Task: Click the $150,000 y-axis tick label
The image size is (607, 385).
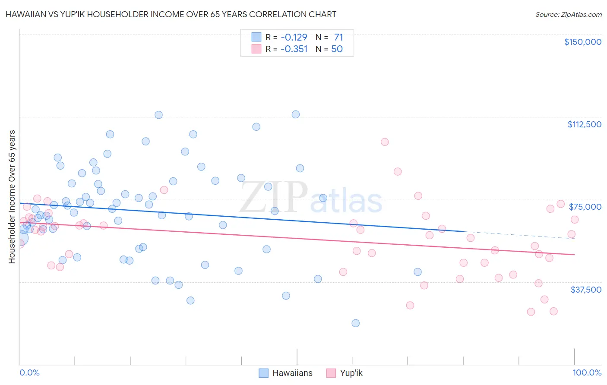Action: [x=582, y=42]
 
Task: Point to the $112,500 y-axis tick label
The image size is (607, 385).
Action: [x=584, y=124]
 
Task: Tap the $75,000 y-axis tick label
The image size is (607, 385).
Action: [x=585, y=207]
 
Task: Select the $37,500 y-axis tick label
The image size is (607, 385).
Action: [x=586, y=290]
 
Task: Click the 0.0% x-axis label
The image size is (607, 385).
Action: [x=29, y=372]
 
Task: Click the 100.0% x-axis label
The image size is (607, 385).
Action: [x=587, y=372]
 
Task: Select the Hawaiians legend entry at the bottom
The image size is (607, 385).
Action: [x=286, y=373]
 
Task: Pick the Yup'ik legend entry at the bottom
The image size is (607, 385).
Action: [x=345, y=373]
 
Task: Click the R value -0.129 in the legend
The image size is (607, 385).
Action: [x=294, y=37]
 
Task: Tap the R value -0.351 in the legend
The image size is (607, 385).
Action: [x=294, y=49]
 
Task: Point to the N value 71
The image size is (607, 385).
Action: [x=338, y=37]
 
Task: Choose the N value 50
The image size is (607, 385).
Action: [x=337, y=49]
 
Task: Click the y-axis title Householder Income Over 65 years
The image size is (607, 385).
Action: [x=12, y=197]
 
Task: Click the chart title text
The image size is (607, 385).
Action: [x=171, y=14]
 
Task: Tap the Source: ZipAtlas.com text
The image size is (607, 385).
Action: [x=568, y=14]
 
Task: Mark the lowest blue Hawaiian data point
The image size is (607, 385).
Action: [x=355, y=323]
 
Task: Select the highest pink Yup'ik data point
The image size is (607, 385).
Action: [x=385, y=142]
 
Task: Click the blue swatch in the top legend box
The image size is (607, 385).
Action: [x=256, y=37]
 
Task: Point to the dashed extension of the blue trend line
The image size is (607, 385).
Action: [x=518, y=235]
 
